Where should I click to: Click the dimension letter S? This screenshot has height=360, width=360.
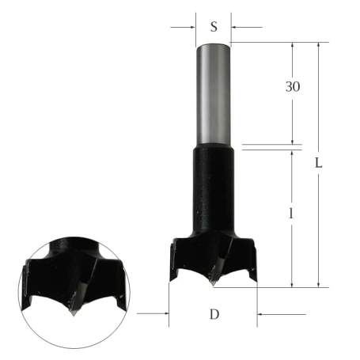click(x=214, y=26)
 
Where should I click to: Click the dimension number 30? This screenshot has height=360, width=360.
click(x=293, y=86)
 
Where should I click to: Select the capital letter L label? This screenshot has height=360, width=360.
click(x=318, y=164)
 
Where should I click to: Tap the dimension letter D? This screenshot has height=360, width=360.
click(x=214, y=314)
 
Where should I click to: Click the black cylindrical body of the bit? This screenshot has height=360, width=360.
click(x=214, y=190)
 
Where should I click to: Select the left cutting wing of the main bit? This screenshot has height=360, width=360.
click(x=177, y=258)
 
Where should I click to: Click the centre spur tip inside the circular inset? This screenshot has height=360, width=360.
click(x=72, y=311)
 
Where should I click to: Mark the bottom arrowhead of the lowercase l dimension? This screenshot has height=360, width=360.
click(x=293, y=282)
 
